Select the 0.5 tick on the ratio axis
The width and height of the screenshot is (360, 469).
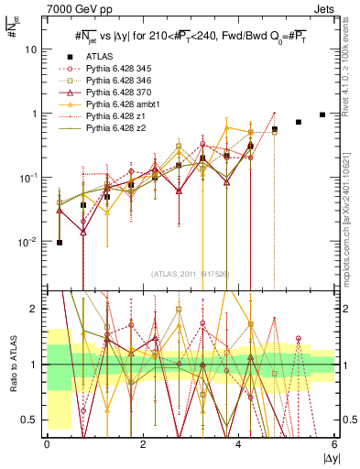(x=30, y=420)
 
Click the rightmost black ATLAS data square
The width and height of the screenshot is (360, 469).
(x=322, y=115)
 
